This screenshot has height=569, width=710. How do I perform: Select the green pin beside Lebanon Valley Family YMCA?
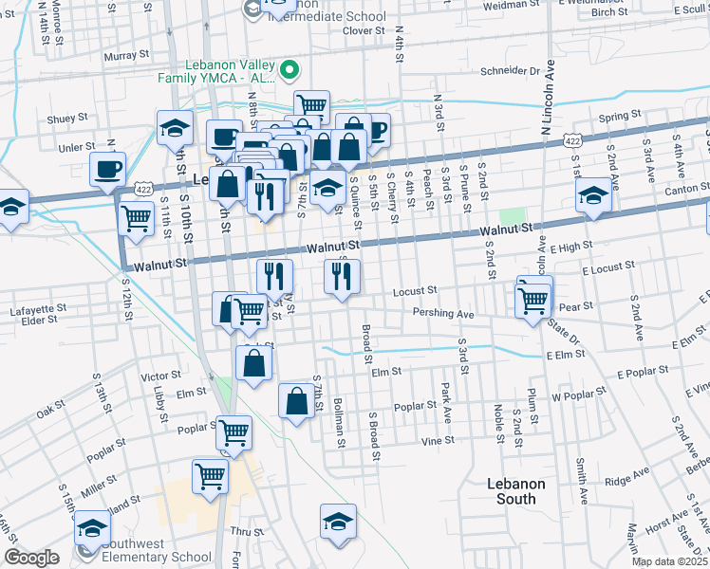(292, 69)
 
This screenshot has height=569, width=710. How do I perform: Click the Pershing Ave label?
(442, 314)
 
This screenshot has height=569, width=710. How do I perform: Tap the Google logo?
(31, 558)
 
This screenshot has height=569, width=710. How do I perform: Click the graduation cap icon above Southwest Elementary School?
(93, 527)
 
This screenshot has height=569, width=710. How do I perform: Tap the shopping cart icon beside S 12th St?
(137, 218)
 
